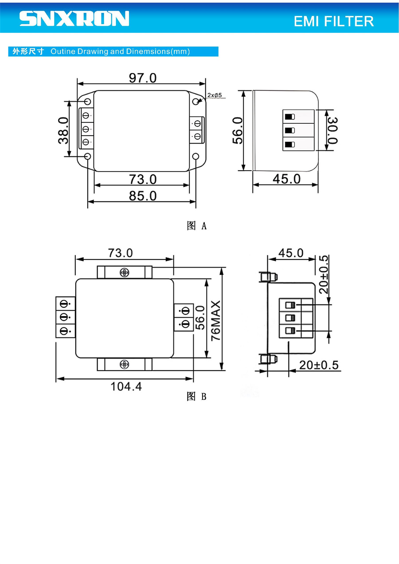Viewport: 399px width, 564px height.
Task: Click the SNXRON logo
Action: click(x=74, y=18)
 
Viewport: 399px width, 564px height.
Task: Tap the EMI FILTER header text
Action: click(x=333, y=21)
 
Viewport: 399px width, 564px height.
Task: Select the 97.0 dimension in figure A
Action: click(x=143, y=78)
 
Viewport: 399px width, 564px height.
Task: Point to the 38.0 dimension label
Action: click(x=63, y=130)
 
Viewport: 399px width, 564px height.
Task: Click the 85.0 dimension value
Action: click(x=143, y=196)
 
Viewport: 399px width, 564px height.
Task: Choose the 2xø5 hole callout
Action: click(x=215, y=95)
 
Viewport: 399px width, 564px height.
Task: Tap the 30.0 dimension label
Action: click(x=332, y=130)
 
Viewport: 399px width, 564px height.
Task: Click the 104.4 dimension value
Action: click(x=126, y=387)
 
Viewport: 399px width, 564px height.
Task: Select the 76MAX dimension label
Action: click(x=216, y=321)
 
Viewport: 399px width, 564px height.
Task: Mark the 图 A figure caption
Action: click(x=196, y=226)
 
